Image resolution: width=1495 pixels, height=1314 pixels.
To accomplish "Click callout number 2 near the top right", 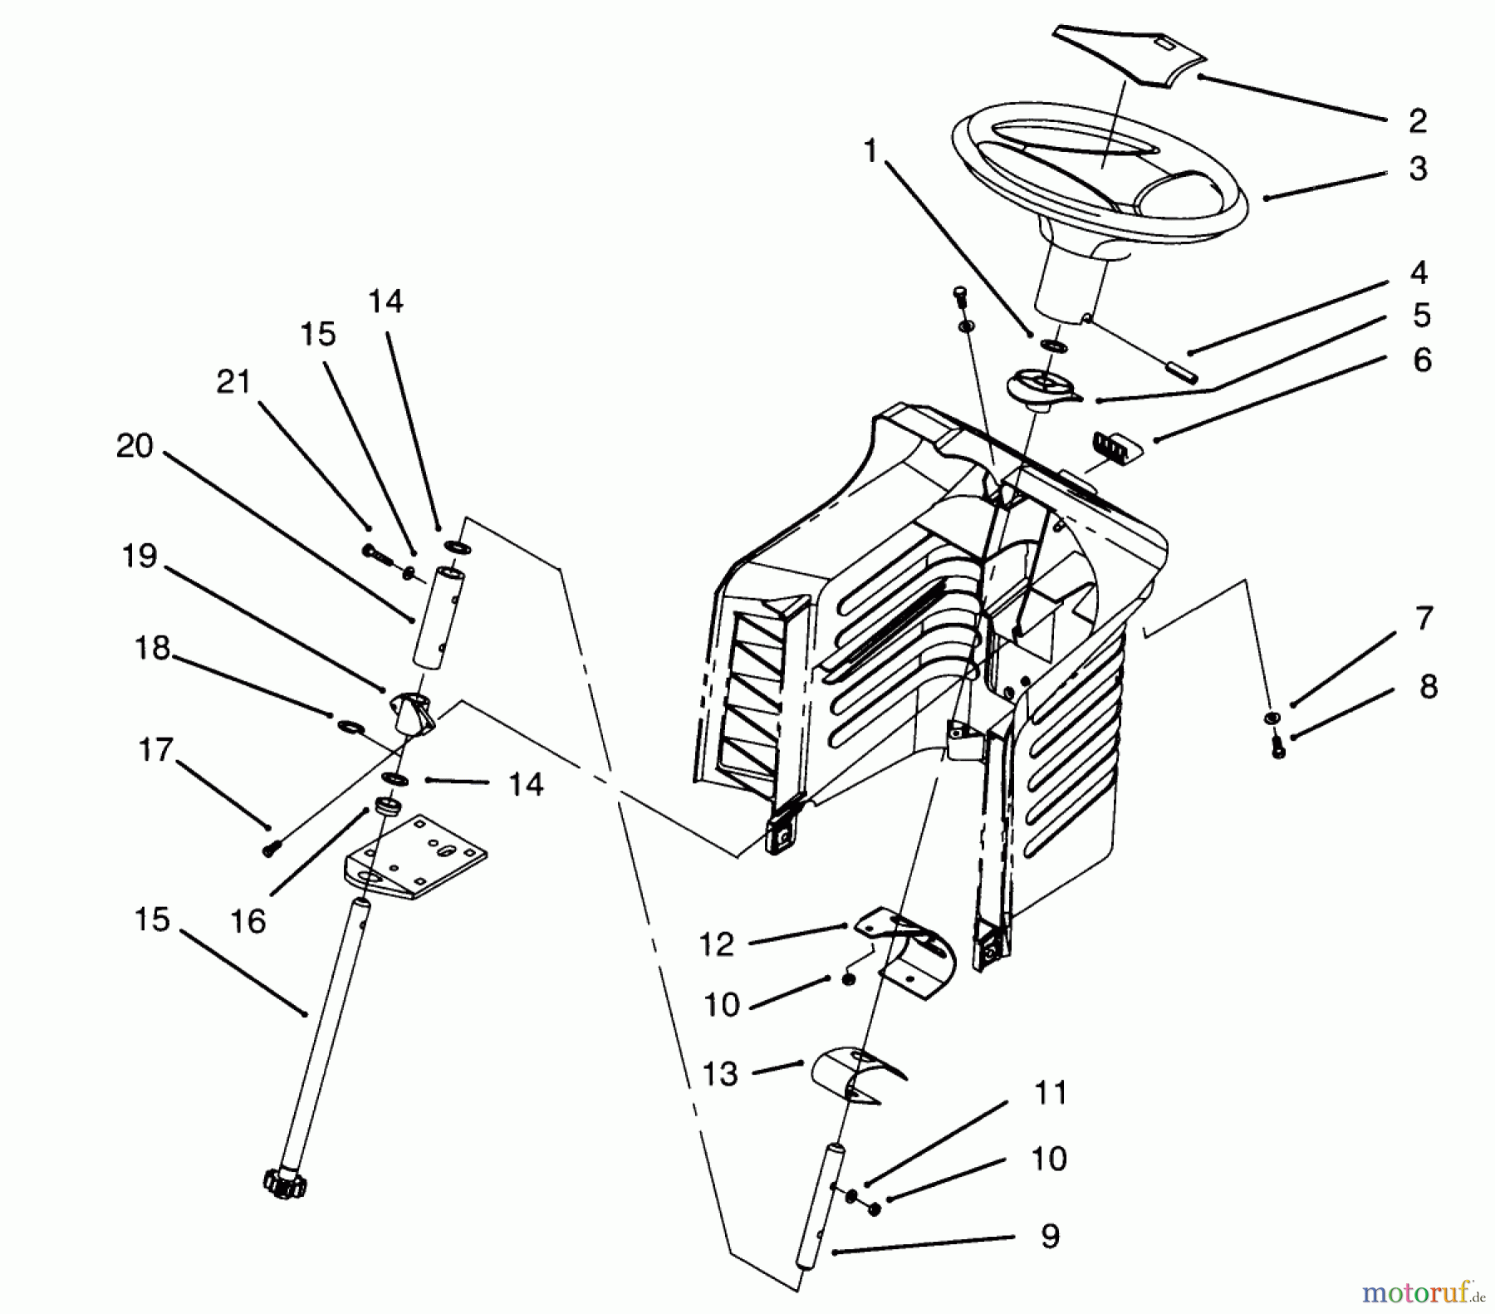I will (1417, 121).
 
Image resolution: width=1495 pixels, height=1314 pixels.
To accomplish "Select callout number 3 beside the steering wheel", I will (1417, 169).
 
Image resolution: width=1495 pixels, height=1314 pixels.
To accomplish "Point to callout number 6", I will (1422, 360).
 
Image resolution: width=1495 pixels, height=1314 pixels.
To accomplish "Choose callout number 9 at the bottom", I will (1050, 1237).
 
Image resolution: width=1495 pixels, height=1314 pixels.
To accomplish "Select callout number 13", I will (719, 1074).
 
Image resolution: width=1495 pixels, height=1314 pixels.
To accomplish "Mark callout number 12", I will (716, 944).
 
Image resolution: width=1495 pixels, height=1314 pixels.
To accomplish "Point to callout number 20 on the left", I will (135, 447).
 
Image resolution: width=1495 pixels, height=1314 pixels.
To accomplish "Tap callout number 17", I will (154, 750).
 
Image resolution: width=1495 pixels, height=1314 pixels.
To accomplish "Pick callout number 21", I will (233, 383).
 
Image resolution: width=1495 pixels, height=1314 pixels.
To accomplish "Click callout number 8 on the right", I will (1428, 687).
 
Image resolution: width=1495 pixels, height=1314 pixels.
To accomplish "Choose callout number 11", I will (1050, 1093).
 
